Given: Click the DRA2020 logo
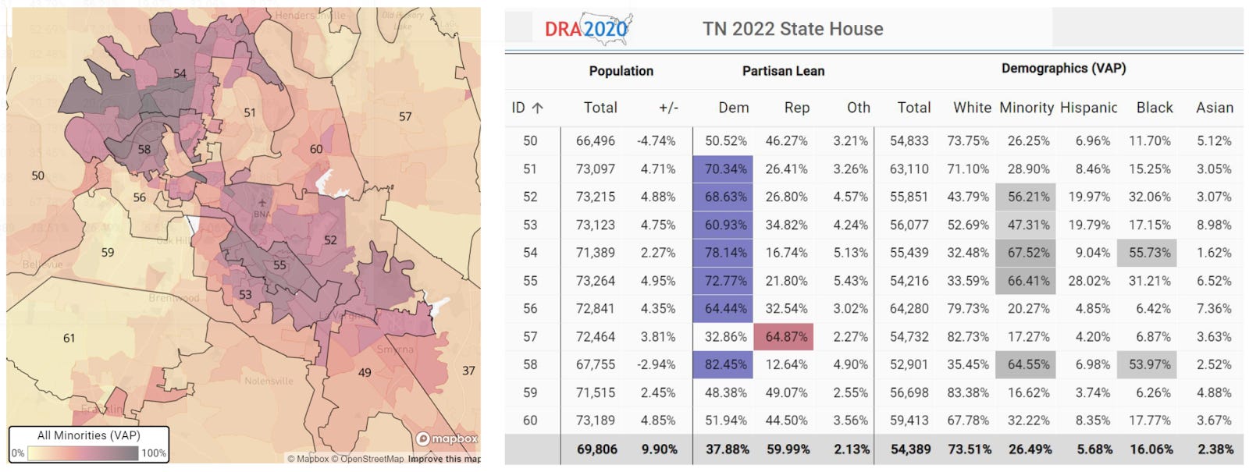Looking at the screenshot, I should pos(587,30).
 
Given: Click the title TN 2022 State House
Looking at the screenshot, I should pos(792,29).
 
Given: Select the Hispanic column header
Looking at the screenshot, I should pos(1088,108).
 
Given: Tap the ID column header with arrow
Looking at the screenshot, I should pos(528,108).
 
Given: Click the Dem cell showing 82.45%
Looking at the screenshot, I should pos(724,364).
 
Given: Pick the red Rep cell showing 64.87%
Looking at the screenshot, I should pos(785,336).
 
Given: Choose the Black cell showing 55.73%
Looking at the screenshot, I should pos(1148,253).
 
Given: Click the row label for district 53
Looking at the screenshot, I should pos(530,225).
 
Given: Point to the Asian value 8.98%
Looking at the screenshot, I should pos(1213,225).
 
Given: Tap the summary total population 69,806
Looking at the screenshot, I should pos(596,449).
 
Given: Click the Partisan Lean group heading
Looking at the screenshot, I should pos(783,71).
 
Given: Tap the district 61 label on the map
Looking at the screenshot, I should pos(69,338).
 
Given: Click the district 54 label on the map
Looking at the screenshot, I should pos(180,73).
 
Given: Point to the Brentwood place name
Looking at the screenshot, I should pos(174,298).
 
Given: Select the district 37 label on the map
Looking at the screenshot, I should pos(468,371).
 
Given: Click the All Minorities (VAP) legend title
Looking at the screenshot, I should pos(88,435).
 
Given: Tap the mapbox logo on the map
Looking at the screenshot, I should pos(447,438).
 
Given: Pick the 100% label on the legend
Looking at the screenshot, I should pos(153,453).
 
